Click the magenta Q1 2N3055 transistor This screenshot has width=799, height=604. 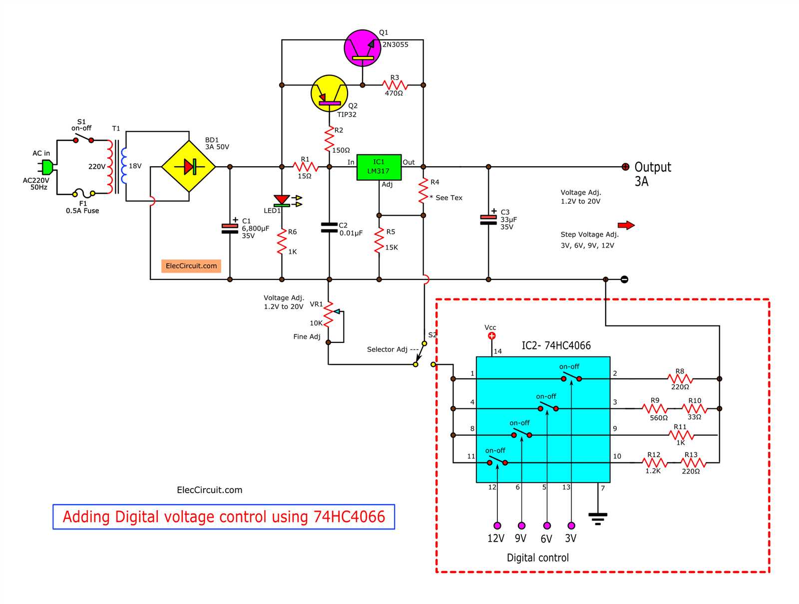click(363, 48)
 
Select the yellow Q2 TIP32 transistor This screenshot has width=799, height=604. click(329, 93)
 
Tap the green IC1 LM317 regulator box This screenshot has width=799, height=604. click(379, 167)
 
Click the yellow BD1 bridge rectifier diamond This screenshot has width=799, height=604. click(189, 167)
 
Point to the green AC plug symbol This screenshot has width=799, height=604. click(46, 167)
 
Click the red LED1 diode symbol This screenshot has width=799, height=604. click(282, 200)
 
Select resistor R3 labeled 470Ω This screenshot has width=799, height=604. click(395, 85)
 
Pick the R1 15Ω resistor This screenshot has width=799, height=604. click(305, 167)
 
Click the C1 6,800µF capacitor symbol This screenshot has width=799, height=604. click(230, 229)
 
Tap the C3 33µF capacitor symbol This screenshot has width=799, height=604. click(488, 220)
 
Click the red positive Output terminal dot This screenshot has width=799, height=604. click(625, 167)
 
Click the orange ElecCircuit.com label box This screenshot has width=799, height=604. click(191, 266)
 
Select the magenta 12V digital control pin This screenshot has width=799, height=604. click(497, 526)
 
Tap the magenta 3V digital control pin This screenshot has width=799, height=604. click(571, 526)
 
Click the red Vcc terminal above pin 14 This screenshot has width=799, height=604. click(491, 336)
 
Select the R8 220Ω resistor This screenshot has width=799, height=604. click(680, 379)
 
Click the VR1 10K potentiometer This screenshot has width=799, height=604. click(328, 313)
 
